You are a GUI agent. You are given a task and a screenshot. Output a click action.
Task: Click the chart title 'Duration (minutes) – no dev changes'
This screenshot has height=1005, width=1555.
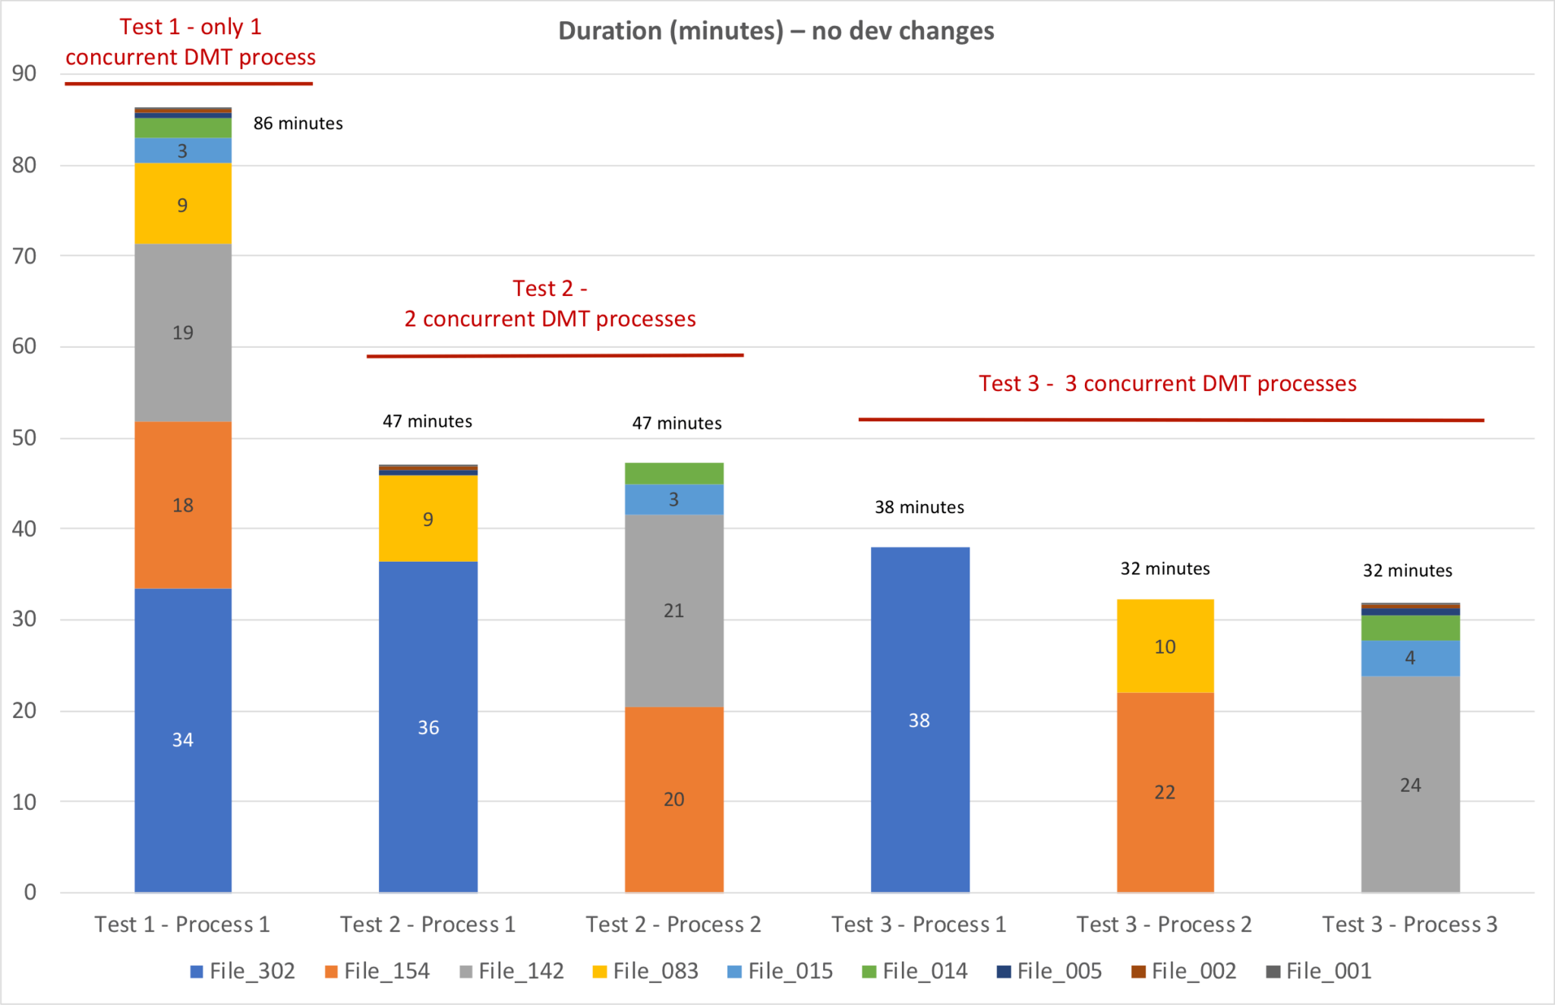click(776, 31)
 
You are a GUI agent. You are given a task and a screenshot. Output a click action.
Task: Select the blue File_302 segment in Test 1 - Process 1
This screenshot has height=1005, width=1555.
click(183, 740)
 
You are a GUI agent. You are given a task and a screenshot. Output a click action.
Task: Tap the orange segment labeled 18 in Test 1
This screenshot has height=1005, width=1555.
click(183, 505)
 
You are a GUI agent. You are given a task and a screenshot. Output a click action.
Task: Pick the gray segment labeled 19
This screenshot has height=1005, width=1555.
click(183, 332)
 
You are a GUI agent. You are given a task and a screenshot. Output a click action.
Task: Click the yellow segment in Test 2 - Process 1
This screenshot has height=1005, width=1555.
click(428, 518)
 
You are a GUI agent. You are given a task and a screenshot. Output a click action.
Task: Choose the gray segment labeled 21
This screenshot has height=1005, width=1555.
click(673, 610)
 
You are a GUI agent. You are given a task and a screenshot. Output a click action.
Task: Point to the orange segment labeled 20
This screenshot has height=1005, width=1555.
click(673, 799)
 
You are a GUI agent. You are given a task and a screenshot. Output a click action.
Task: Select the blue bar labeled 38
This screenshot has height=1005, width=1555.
click(919, 720)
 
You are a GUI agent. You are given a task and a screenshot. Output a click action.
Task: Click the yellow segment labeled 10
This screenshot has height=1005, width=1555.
click(1165, 646)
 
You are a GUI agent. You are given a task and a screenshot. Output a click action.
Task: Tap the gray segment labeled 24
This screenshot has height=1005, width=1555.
click(1410, 784)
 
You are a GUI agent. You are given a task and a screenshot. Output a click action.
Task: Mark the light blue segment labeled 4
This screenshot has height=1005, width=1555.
click(1410, 657)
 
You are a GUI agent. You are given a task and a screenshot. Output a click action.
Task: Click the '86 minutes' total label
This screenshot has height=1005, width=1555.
click(298, 124)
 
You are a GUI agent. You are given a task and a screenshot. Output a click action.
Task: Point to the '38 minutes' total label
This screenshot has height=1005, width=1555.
click(919, 507)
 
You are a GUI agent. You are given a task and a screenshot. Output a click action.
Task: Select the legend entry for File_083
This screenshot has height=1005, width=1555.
click(646, 971)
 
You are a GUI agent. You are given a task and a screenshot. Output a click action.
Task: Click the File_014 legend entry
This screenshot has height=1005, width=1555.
click(916, 971)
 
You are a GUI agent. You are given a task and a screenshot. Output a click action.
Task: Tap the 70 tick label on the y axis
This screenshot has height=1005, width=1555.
click(24, 256)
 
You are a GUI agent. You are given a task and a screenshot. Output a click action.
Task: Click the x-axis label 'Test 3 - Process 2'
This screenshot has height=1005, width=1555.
click(1164, 924)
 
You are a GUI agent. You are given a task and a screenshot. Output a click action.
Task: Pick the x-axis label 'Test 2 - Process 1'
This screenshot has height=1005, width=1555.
click(427, 924)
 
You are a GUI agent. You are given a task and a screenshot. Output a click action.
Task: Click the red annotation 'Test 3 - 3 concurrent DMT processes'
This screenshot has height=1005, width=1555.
click(1167, 384)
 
